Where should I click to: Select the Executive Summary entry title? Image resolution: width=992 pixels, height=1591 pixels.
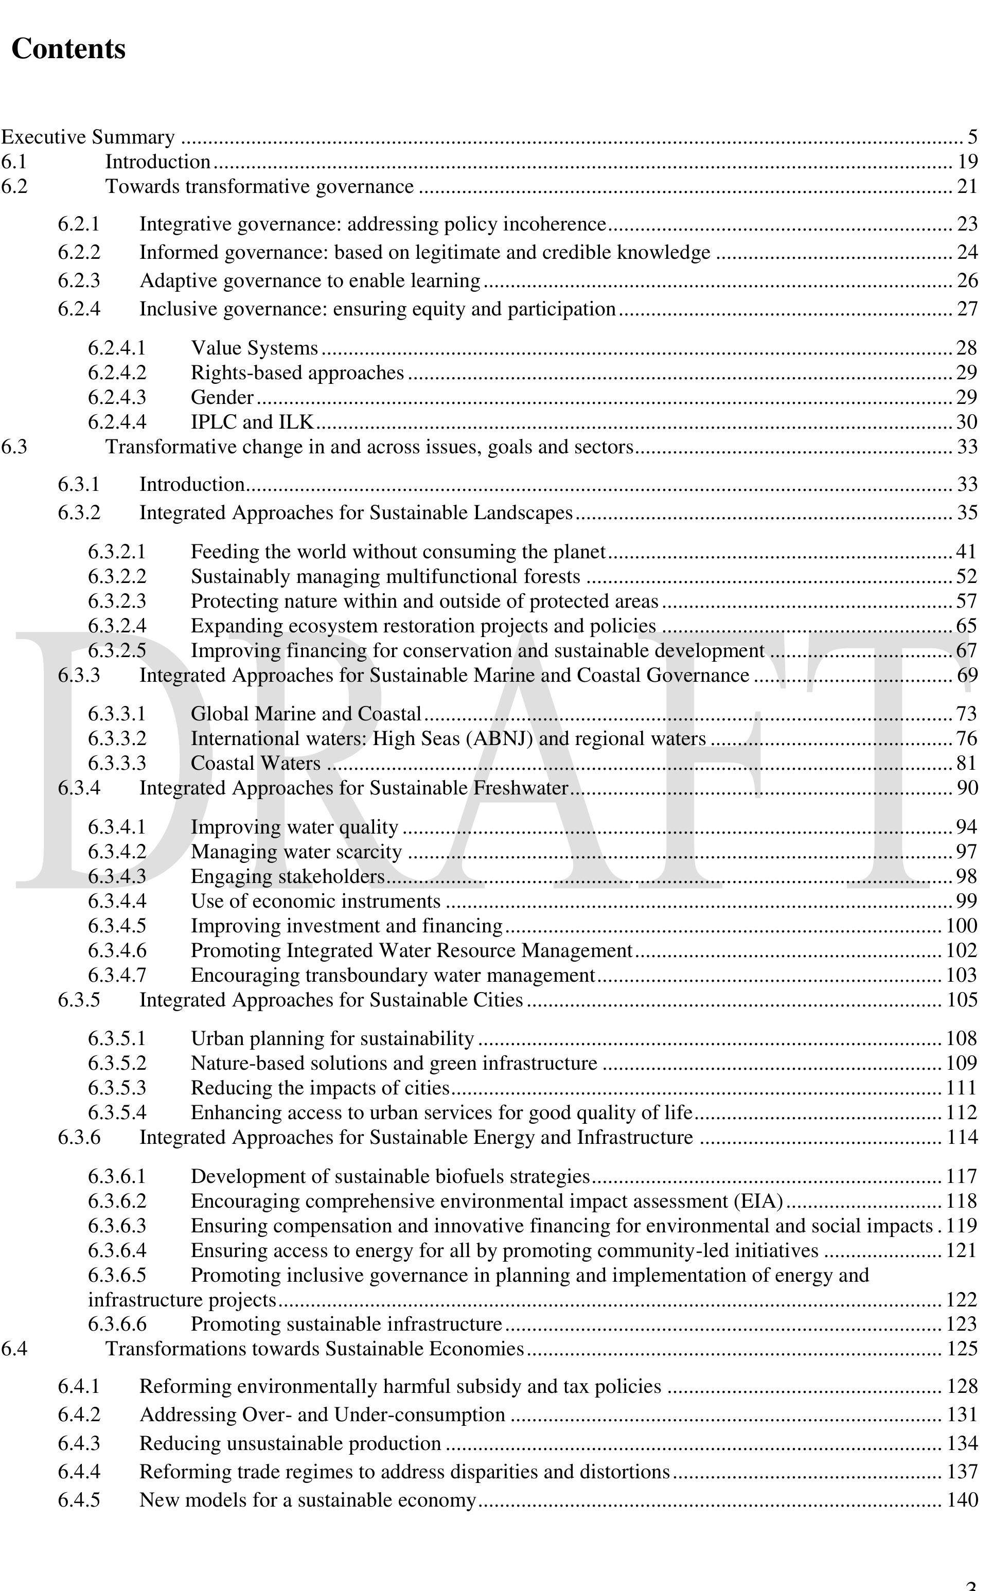click(x=88, y=137)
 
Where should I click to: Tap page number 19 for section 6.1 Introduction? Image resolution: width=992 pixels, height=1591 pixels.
click(x=967, y=162)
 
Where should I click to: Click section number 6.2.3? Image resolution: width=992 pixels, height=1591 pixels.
click(x=79, y=281)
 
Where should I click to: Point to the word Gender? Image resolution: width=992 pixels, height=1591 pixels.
click(x=222, y=398)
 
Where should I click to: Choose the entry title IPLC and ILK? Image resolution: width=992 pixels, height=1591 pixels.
click(x=252, y=422)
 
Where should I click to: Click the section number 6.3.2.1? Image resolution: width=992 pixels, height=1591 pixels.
click(x=117, y=552)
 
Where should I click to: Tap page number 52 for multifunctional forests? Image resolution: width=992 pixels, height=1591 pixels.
click(x=966, y=577)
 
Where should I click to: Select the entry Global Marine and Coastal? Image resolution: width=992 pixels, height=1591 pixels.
click(x=306, y=714)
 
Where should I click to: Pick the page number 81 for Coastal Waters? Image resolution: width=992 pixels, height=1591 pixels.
click(x=966, y=764)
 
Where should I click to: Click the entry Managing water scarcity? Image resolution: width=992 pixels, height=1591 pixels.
click(x=296, y=852)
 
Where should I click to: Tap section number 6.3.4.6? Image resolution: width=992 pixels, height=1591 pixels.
click(x=117, y=951)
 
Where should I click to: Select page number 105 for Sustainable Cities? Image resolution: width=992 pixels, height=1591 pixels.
click(x=962, y=1000)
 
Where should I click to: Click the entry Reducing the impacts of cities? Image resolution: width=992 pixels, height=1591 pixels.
click(x=320, y=1088)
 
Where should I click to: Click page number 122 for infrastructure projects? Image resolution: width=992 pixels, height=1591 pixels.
click(x=962, y=1300)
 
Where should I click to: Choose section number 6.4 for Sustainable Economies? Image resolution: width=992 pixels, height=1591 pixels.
click(x=14, y=1349)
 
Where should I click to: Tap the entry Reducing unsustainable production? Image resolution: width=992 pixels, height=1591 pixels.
click(x=290, y=1443)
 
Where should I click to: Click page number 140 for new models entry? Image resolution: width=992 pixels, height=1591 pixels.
click(x=962, y=1500)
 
